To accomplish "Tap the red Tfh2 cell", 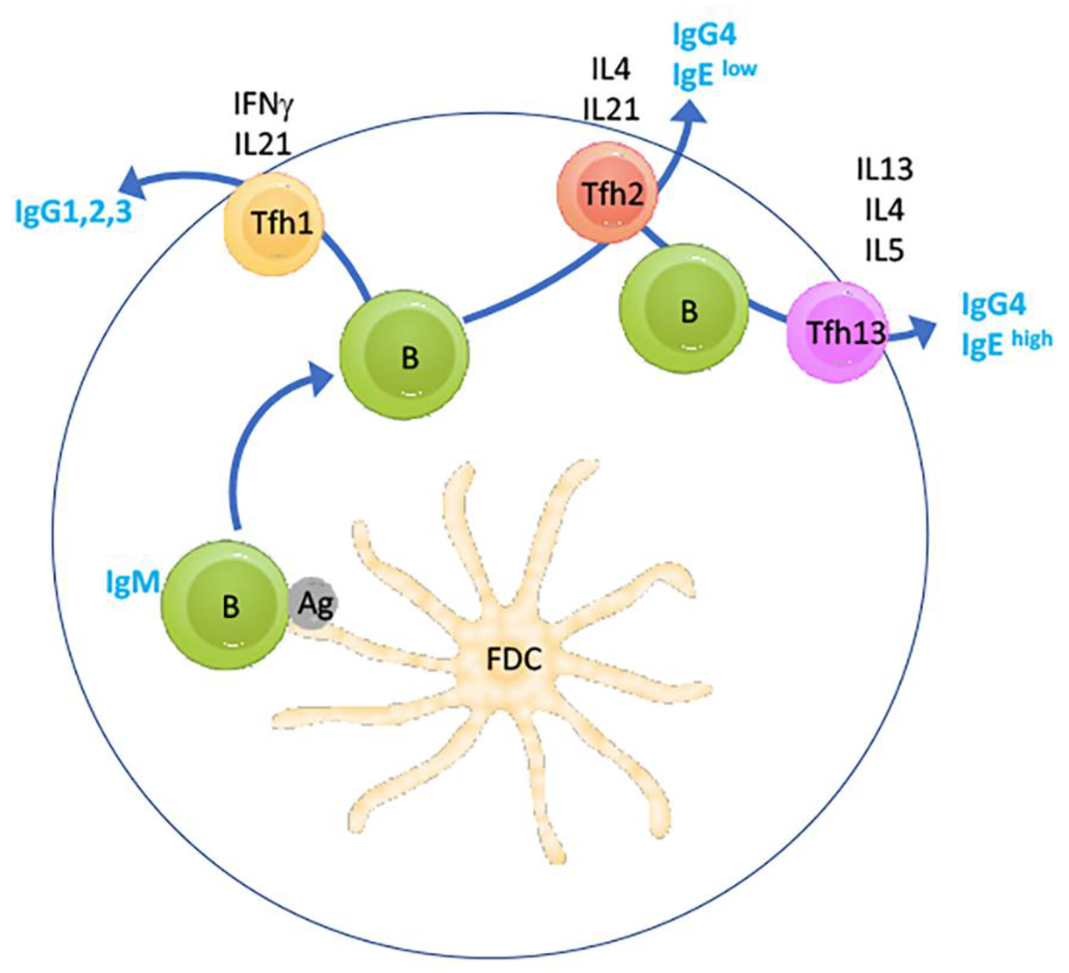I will tap(608, 194).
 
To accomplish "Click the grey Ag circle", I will tap(314, 604).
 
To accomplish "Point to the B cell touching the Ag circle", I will tap(229, 606).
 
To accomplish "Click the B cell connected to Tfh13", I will tap(685, 309).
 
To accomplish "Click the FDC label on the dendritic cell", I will tap(514, 660).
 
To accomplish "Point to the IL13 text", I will tap(884, 170).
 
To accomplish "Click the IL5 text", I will tap(884, 250).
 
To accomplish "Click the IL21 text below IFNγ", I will tap(264, 144).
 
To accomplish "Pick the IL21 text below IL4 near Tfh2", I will tap(611, 110).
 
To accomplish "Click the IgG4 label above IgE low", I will tap(704, 36).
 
